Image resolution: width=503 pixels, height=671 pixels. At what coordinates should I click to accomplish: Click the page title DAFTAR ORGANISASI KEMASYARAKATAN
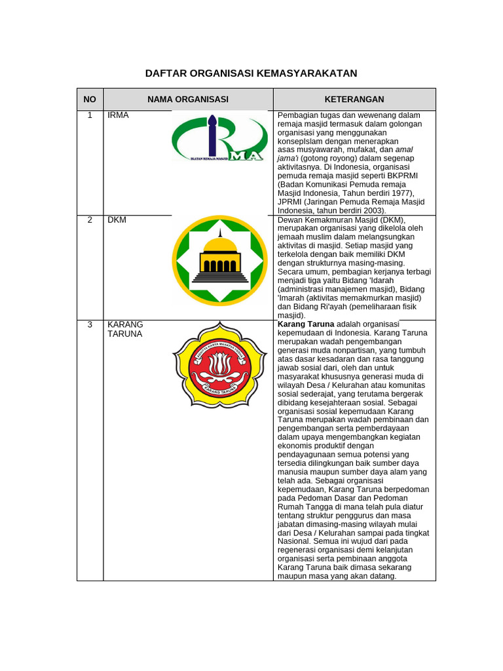point(251,73)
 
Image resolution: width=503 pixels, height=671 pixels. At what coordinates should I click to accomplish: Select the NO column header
point(90,99)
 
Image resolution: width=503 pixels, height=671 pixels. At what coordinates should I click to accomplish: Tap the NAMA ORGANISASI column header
point(188,99)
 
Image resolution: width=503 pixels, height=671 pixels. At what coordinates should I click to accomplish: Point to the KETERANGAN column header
point(354,99)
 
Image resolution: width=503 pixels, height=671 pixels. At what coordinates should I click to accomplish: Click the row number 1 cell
point(90,115)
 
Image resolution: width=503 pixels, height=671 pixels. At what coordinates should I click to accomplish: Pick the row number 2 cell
point(90,220)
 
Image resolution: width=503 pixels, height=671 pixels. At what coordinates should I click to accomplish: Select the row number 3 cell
point(90,324)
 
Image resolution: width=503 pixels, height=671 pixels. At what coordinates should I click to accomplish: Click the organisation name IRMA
point(119,115)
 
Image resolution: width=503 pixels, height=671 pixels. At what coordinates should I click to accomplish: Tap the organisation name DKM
point(117,220)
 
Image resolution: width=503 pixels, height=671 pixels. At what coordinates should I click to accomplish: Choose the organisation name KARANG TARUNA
point(125,329)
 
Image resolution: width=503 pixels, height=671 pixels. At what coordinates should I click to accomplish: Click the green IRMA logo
point(219,138)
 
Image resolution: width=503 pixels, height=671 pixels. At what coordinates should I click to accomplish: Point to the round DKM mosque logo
point(220,260)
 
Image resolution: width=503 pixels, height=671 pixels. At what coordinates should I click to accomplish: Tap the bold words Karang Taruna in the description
point(306,324)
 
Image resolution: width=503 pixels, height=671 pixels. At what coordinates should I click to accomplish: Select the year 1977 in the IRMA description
point(400,193)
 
